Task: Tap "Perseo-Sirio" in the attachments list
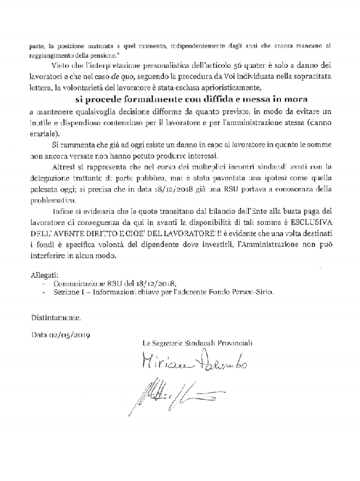251,294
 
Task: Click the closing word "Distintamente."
56,317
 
